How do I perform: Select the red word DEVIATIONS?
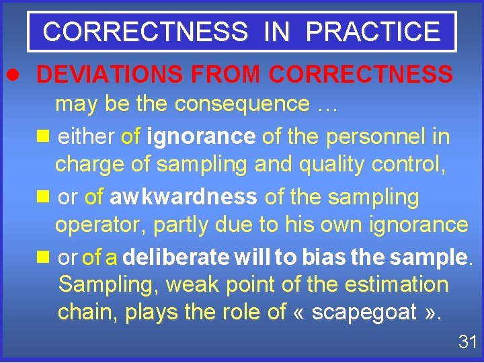[x=108, y=75]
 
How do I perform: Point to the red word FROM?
[x=217, y=75]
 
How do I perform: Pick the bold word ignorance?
[x=201, y=137]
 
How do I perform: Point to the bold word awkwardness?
[x=183, y=197]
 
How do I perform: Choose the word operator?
[x=99, y=224]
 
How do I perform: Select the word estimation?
[x=396, y=284]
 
